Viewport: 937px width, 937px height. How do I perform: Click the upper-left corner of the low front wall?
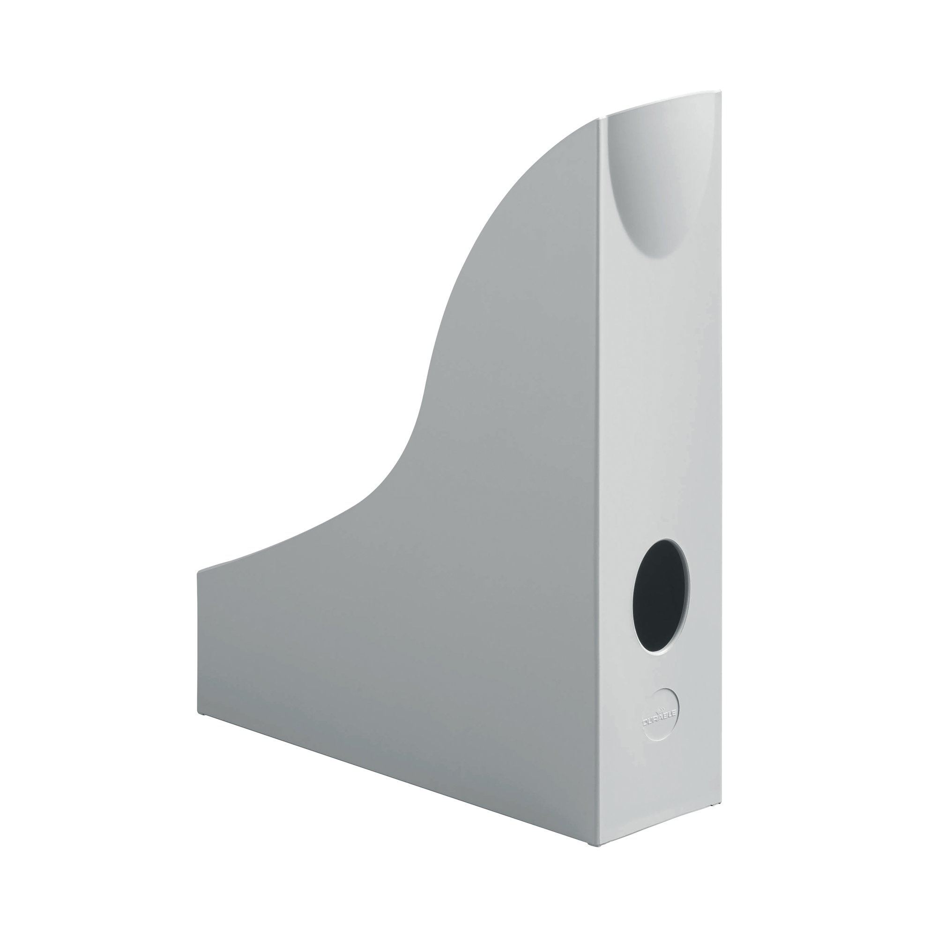click(x=198, y=573)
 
